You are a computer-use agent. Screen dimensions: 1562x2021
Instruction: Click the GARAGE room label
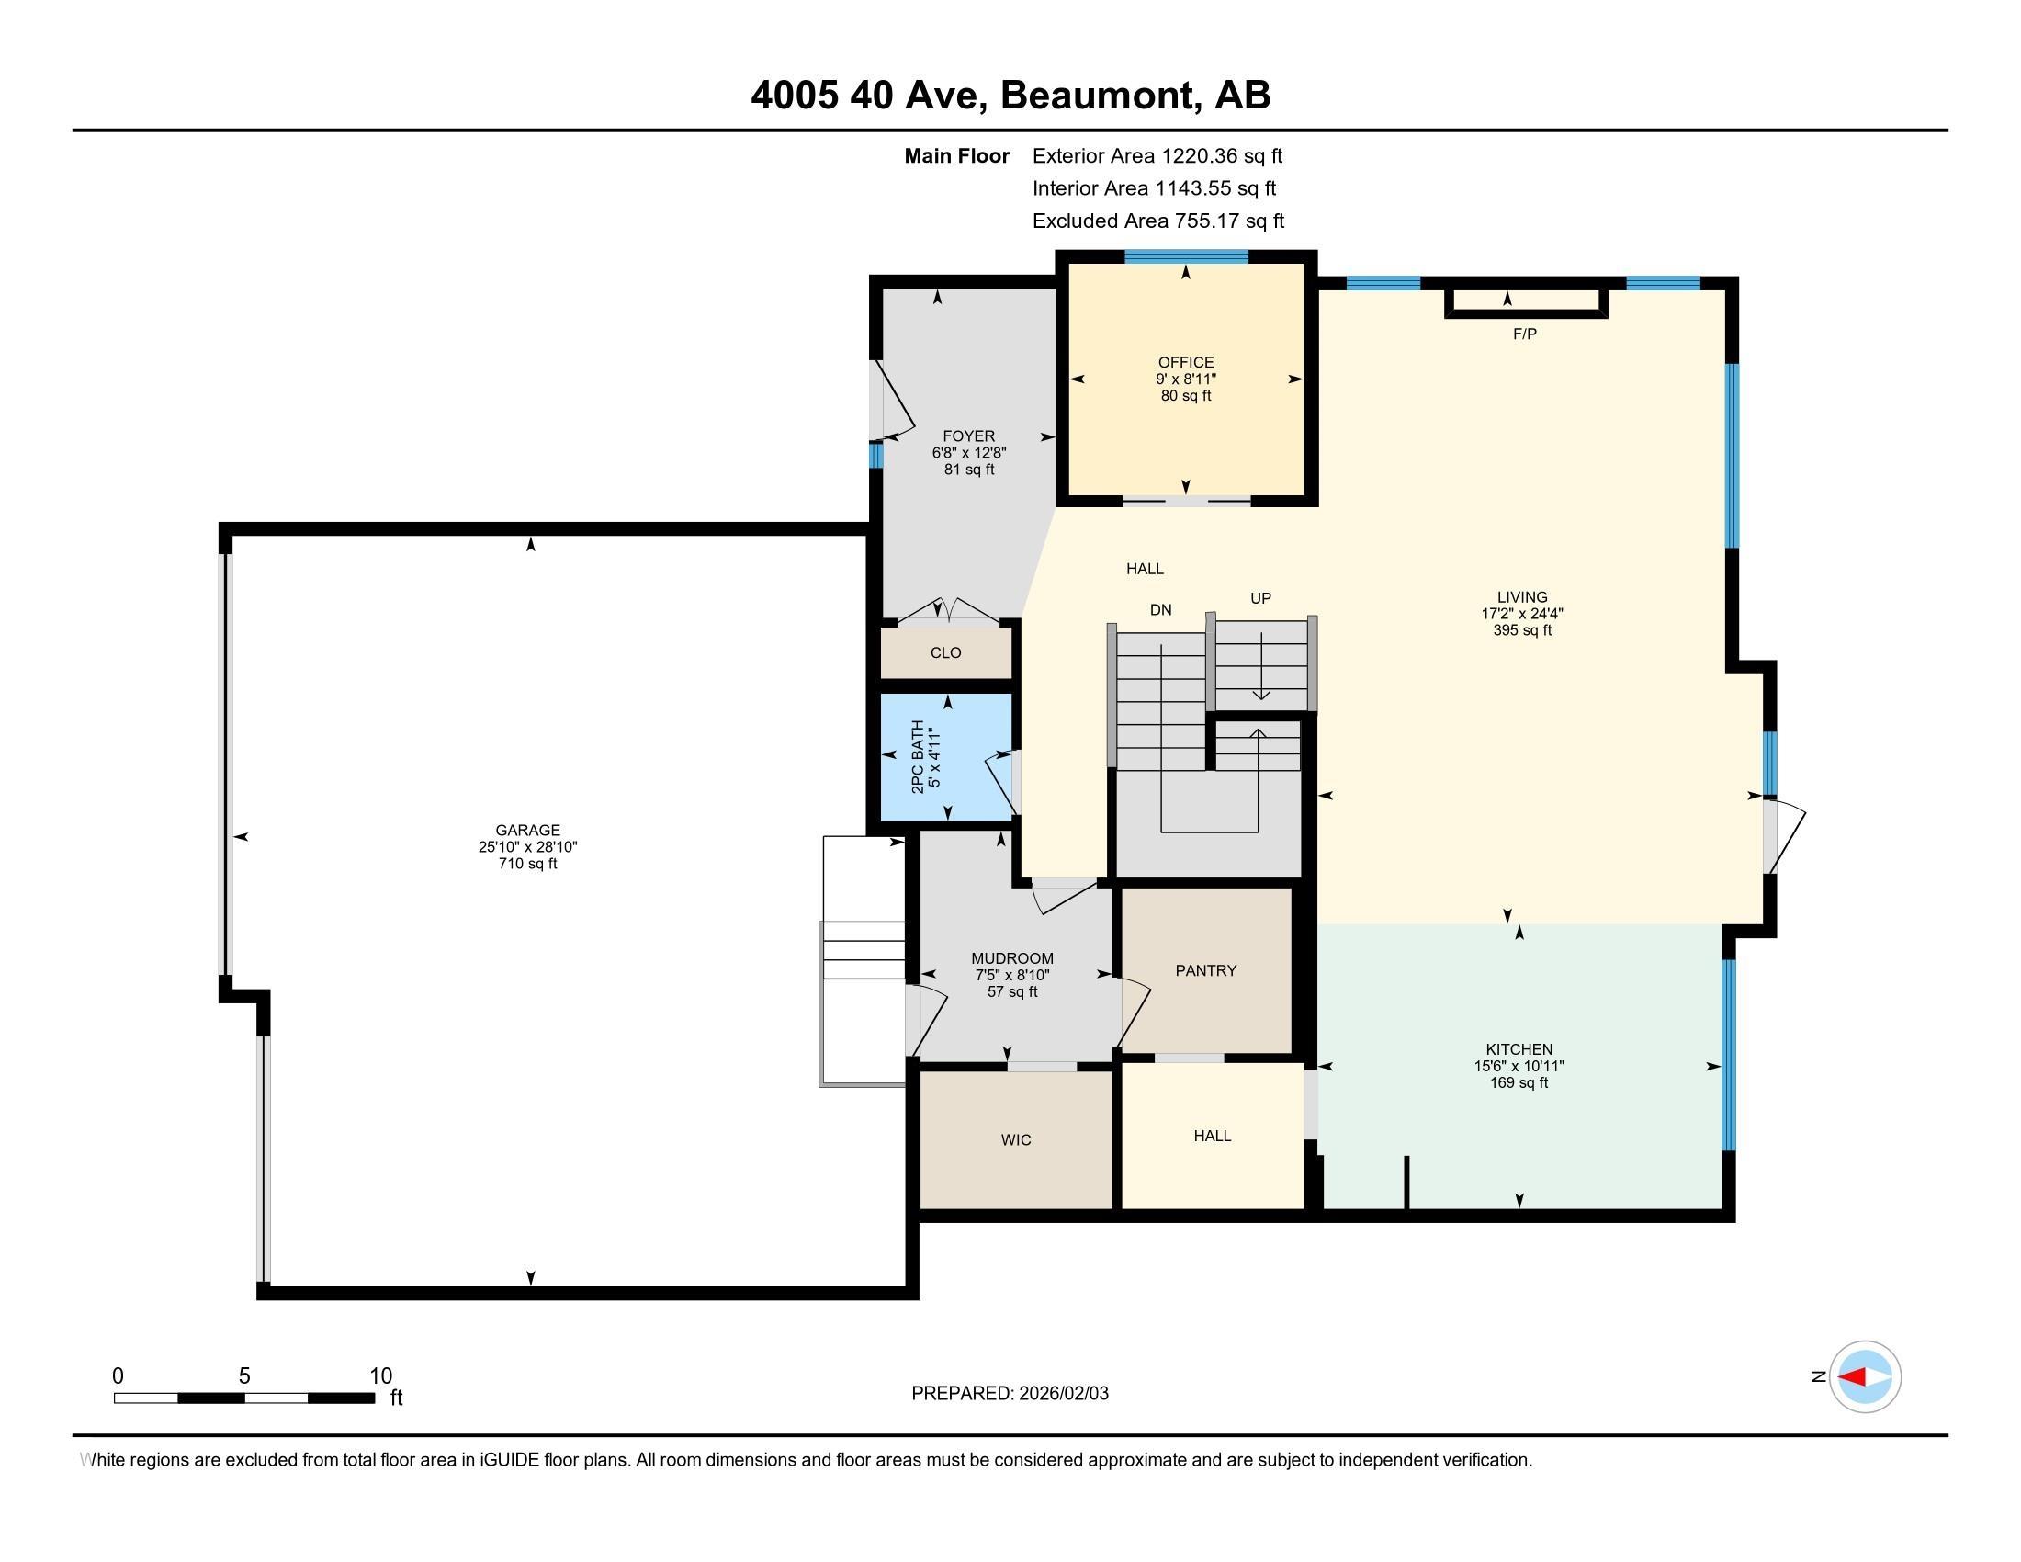point(527,830)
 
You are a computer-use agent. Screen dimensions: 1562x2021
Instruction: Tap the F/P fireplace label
point(1524,334)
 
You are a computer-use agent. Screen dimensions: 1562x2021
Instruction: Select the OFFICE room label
point(1185,362)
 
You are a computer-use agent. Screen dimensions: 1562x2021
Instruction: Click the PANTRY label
point(1206,969)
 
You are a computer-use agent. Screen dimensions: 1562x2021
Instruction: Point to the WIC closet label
point(1015,1139)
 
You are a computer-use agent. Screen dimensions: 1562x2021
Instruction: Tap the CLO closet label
point(944,652)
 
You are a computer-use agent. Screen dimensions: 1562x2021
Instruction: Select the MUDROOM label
point(1011,958)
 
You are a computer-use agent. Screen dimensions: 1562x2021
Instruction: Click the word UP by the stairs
point(1260,599)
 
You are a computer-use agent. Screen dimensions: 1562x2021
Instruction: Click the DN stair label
point(1160,610)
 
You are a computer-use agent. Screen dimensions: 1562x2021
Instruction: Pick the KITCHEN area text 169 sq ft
point(1519,1082)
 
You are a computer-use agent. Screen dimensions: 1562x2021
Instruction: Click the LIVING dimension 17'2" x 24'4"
point(1521,614)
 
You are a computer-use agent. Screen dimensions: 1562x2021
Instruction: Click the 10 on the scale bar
point(380,1375)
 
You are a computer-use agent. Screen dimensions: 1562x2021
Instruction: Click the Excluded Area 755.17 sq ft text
point(1157,221)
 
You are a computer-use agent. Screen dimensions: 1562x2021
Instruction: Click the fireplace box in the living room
point(1525,301)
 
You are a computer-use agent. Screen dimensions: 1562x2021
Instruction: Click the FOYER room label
point(968,436)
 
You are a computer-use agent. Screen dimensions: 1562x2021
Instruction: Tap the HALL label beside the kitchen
point(1212,1136)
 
